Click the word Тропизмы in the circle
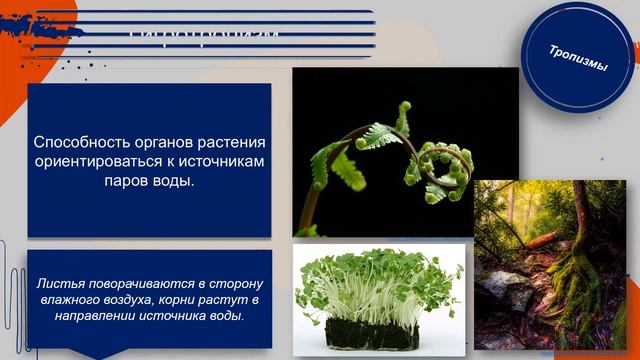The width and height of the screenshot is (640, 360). (x=578, y=58)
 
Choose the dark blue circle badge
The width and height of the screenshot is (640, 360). (x=578, y=58)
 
